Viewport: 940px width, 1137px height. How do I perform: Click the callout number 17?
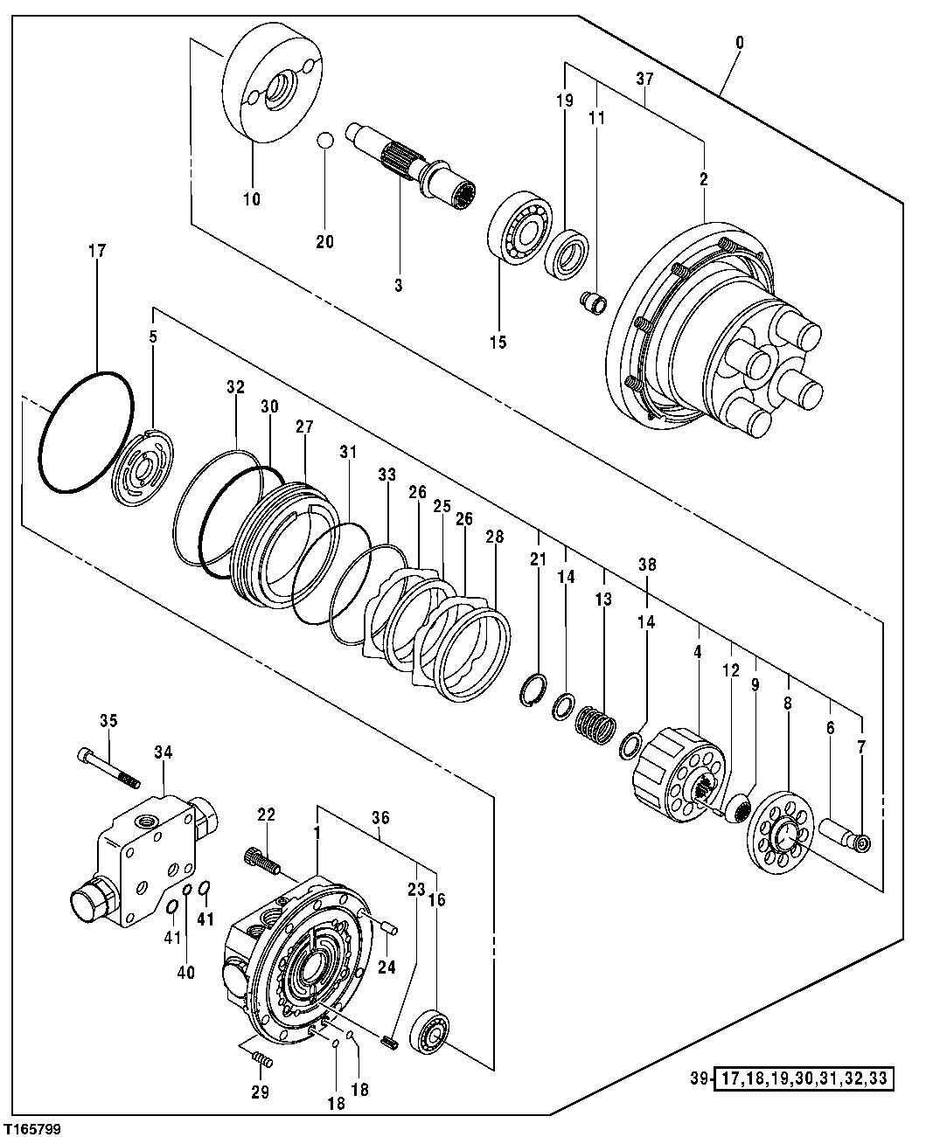[x=96, y=251]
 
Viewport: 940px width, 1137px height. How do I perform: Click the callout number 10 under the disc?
[x=251, y=199]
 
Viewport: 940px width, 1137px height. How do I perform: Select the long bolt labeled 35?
[x=109, y=766]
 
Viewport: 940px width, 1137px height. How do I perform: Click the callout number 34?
[x=164, y=752]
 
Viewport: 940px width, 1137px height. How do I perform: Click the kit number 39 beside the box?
[x=695, y=1079]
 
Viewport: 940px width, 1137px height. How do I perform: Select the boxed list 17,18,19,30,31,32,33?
[x=804, y=1079]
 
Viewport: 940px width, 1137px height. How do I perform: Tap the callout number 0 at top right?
[x=741, y=40]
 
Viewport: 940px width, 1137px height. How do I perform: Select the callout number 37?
[x=644, y=79]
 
